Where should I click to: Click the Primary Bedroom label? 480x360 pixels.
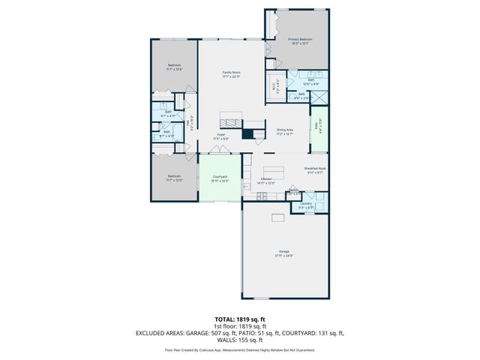pos(298,40)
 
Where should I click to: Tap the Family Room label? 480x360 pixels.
pos(231,73)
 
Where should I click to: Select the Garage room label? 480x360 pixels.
pos(283,253)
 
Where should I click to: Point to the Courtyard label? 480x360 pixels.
pos(220,178)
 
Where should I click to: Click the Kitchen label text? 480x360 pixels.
pos(266,181)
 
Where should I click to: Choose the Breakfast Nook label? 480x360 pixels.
pos(313,170)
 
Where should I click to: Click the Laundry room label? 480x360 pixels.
pos(306,205)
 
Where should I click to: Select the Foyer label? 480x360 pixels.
pos(220,136)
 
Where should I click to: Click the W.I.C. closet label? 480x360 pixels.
pos(275,85)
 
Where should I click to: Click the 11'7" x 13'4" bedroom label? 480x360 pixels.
pos(174,67)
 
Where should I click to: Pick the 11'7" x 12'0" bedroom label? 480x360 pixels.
pos(174,179)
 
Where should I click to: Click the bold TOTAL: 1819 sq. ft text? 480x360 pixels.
pos(239,319)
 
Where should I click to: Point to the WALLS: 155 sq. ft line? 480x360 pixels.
pos(239,340)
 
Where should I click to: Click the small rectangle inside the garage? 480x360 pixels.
pos(279,217)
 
